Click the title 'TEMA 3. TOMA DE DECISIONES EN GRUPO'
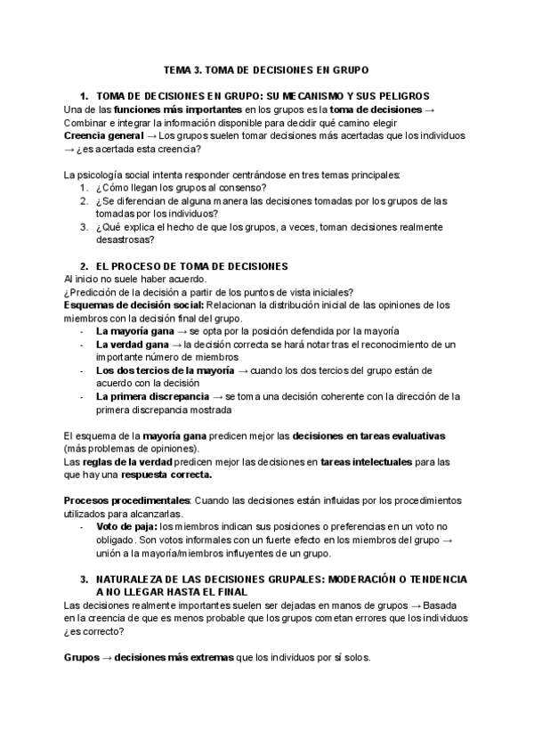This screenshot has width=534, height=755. coord(266,69)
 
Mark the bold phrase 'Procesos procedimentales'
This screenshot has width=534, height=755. coord(127,500)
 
